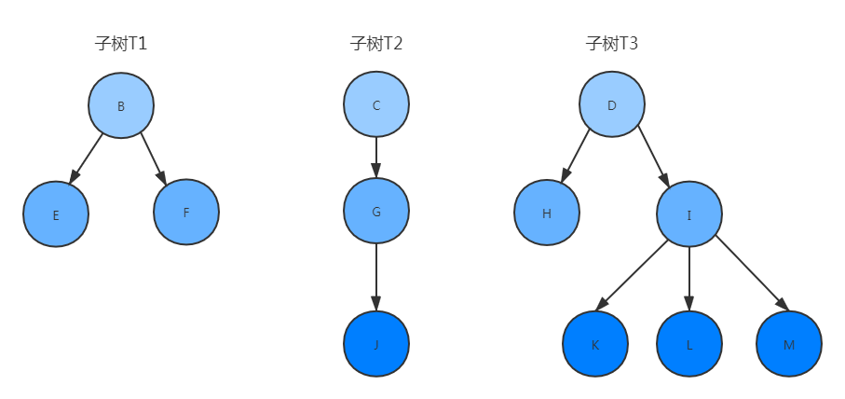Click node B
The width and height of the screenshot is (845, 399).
(x=121, y=106)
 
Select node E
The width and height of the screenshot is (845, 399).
(x=56, y=214)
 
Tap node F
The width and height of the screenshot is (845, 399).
(x=186, y=213)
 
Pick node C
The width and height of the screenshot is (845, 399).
(x=376, y=105)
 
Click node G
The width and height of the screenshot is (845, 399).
(x=376, y=212)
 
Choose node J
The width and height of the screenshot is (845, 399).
(x=376, y=344)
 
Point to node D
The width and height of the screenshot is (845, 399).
(x=612, y=105)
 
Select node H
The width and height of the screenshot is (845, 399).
(x=547, y=213)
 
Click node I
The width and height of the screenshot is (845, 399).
(x=689, y=215)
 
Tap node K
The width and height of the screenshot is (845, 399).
(x=595, y=345)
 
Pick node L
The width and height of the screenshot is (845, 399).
(x=689, y=345)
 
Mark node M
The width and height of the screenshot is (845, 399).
(x=789, y=345)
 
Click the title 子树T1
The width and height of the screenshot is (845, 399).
(x=121, y=44)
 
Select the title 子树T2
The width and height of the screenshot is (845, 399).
(x=376, y=44)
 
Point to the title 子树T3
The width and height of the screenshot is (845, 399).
(x=612, y=44)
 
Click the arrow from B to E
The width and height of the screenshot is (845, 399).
(x=87, y=158)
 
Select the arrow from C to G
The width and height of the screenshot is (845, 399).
(x=376, y=158)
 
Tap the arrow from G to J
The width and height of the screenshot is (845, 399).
(x=376, y=277)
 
